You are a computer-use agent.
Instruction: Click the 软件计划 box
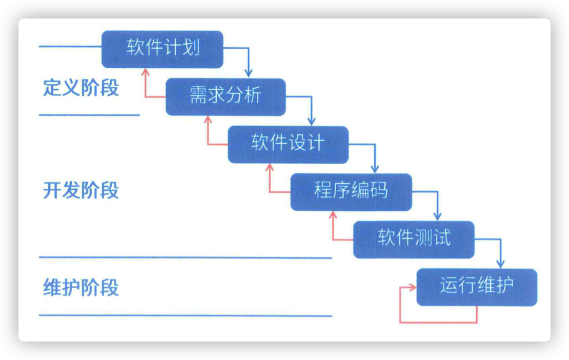[162, 49]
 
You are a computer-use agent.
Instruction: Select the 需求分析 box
[226, 97]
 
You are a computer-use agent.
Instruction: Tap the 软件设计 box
[288, 145]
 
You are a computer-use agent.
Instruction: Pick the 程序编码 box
[351, 192]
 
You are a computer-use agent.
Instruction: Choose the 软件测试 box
[414, 239]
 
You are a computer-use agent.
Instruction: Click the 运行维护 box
[477, 287]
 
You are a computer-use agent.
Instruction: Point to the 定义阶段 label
[81, 88]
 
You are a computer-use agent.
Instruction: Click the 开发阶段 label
[81, 190]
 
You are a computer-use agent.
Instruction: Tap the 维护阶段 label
[81, 287]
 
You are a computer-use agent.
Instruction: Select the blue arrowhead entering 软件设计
[311, 121]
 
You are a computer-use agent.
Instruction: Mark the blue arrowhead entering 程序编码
[375, 169]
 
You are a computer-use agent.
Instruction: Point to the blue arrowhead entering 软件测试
[438, 216]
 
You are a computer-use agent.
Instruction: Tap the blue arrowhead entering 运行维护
[501, 264]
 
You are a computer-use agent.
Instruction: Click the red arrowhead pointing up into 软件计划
[146, 73]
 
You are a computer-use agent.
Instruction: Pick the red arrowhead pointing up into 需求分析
[208, 120]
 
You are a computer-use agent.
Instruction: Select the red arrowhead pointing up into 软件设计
[270, 168]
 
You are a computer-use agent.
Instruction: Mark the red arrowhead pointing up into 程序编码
[333, 215]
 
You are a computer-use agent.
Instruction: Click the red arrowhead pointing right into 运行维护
[413, 287]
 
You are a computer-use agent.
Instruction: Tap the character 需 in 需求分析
[198, 95]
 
